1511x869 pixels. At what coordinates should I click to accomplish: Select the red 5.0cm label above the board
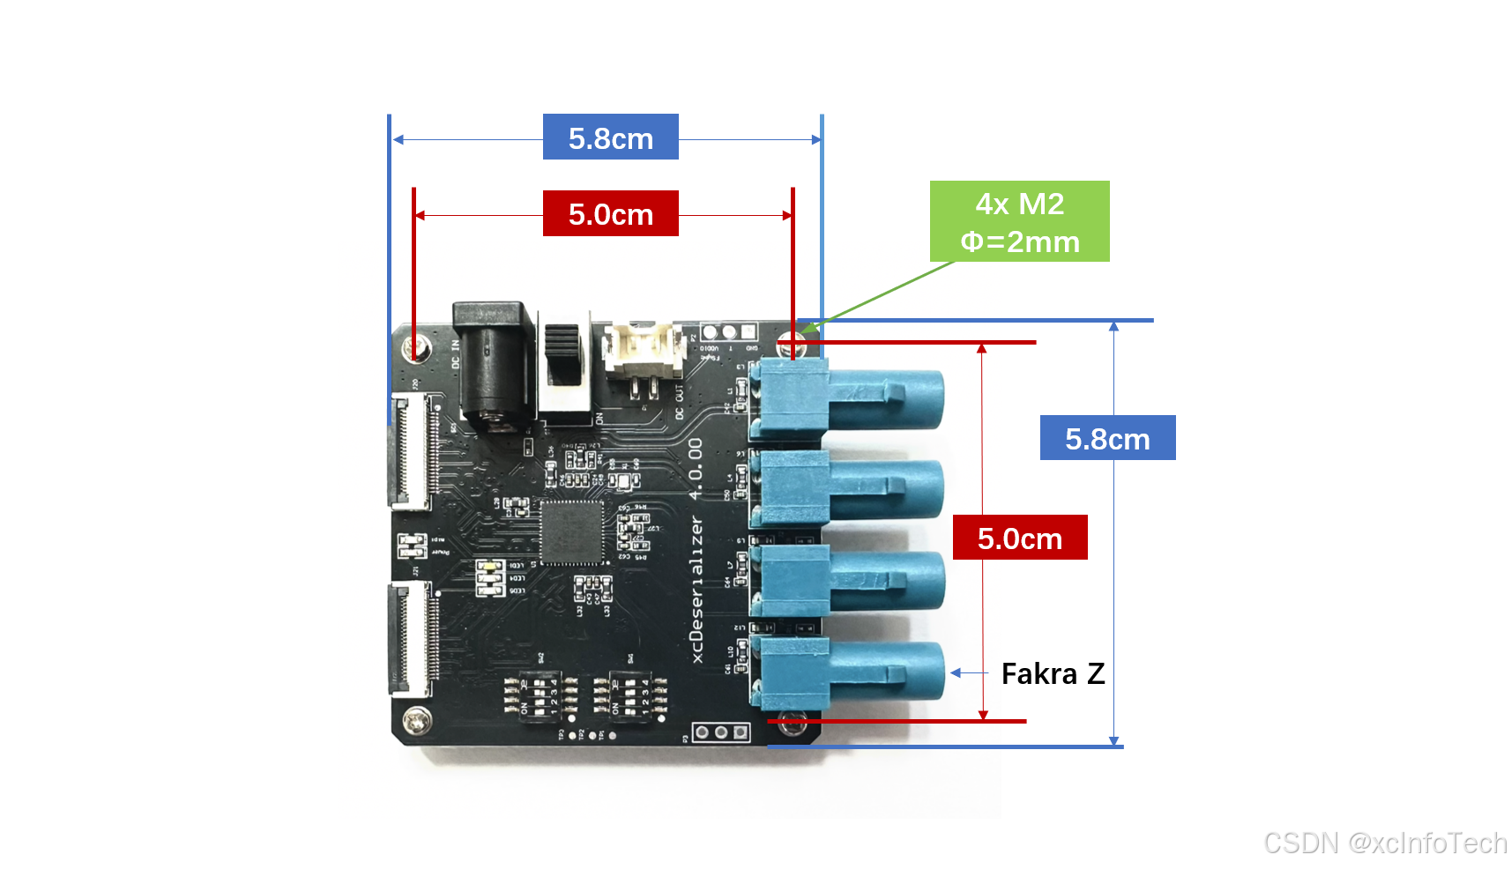tap(610, 213)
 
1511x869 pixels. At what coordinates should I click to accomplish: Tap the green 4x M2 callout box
tap(1019, 221)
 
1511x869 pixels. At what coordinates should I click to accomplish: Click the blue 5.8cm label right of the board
tap(1107, 438)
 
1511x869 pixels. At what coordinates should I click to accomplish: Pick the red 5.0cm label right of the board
tap(1019, 538)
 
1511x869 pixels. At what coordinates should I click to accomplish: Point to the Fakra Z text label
tap(1053, 674)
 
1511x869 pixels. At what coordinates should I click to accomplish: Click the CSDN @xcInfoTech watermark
tap(1384, 843)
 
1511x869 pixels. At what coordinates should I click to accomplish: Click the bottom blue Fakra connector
tap(846, 673)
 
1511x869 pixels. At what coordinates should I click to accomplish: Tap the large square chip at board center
tap(571, 532)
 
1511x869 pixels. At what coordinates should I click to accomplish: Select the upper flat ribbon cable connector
tap(413, 451)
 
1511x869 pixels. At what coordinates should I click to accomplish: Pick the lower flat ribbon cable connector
tap(413, 638)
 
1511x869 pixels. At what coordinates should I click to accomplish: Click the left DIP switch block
tap(539, 696)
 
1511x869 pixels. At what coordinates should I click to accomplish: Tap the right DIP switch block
tap(629, 696)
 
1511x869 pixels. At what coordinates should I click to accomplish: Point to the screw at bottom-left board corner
tap(416, 721)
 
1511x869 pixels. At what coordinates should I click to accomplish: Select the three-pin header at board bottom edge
tap(721, 732)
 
